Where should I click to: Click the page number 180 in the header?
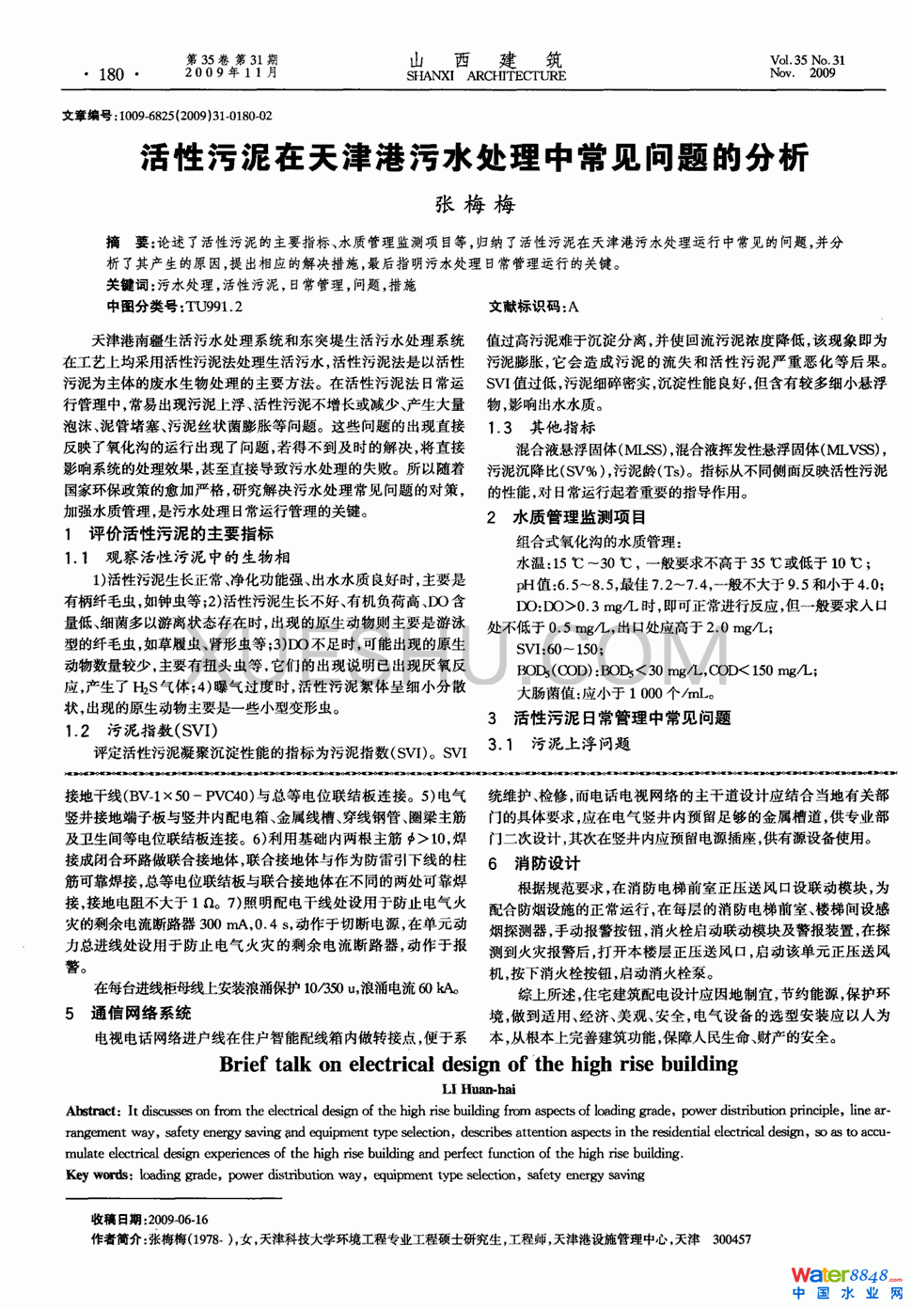coord(111,74)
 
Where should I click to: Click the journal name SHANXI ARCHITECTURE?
coord(486,76)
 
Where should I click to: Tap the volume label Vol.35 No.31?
coord(807,60)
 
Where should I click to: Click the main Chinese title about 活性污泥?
coord(474,157)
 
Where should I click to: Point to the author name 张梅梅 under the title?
coord(474,204)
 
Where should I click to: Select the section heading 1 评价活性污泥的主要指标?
coord(169,534)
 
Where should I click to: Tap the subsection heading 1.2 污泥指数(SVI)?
coord(142,731)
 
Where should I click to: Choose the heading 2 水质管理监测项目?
coord(567,517)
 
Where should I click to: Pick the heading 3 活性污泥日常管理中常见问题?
coord(609,718)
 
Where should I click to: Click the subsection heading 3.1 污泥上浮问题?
coord(559,744)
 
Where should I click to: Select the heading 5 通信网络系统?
coord(129,1013)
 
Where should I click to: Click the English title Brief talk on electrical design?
coord(479,1065)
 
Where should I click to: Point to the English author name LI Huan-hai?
coord(479,1089)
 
